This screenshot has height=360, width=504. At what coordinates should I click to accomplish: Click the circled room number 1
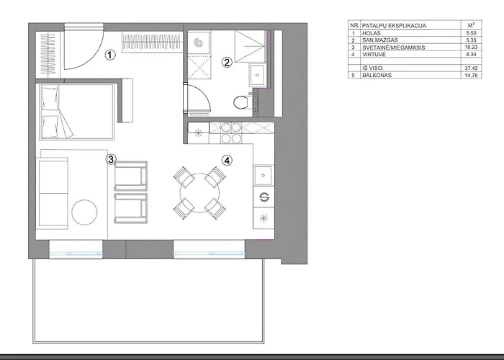pos(109,54)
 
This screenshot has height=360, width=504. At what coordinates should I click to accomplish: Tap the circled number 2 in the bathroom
pos(226,63)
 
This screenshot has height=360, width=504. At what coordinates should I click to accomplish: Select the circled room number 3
pos(111,159)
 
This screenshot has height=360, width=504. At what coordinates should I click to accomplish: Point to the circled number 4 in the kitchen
pos(227,160)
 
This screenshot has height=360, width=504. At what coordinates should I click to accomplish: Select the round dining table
pos(197,193)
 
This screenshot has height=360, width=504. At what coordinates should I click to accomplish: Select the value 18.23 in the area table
pos(469,49)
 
